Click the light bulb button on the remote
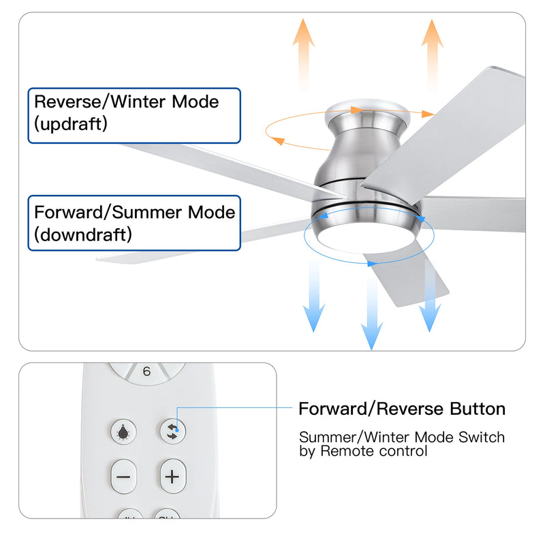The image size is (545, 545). tap(124, 431)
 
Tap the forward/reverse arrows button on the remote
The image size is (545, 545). tap(172, 431)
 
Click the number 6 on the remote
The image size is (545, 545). tap(147, 372)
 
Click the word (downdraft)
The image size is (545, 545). tap(83, 234)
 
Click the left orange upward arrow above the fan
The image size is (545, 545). tap(303, 51)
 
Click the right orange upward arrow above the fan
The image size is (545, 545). tap(431, 51)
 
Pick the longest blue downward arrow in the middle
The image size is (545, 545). tap(371, 307)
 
